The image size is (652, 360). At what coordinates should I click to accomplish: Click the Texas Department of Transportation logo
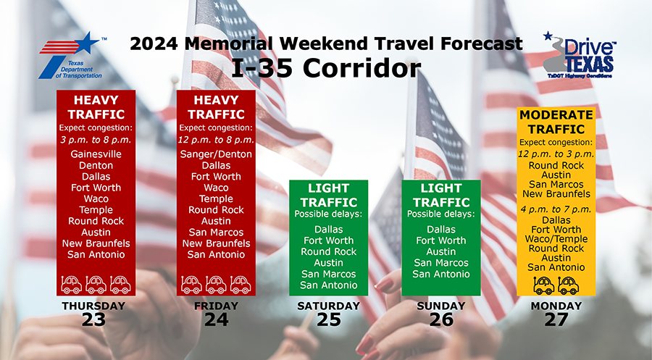(x=72, y=56)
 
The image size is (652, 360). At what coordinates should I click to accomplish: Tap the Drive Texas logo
(x=580, y=55)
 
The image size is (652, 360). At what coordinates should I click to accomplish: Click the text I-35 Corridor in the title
(x=325, y=68)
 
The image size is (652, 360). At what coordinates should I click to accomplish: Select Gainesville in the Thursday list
(x=96, y=154)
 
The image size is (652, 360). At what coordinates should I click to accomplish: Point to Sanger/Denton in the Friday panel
(x=216, y=154)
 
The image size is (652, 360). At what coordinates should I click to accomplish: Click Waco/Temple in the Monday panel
(x=556, y=239)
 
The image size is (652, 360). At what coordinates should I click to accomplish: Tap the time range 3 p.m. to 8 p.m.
(x=96, y=140)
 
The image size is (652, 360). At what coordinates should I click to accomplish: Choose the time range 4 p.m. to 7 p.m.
(x=556, y=209)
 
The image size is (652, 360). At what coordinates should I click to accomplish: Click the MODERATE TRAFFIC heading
(x=556, y=122)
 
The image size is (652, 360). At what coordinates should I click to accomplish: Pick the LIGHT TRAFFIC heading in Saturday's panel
(x=328, y=195)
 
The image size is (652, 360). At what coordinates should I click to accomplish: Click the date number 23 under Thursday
(x=93, y=319)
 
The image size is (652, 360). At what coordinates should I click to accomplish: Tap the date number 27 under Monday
(x=556, y=319)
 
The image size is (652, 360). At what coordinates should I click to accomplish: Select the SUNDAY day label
(x=441, y=306)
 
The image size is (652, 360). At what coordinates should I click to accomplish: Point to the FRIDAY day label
(x=216, y=306)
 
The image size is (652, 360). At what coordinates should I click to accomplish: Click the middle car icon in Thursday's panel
(x=96, y=285)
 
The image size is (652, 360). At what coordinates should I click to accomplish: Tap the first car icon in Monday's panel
(x=544, y=285)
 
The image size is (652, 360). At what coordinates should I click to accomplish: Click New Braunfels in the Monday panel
(x=556, y=193)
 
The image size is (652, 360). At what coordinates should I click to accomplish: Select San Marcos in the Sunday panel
(x=441, y=263)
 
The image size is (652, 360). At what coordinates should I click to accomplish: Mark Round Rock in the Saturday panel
(x=328, y=251)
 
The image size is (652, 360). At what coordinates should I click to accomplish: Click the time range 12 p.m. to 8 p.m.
(x=216, y=140)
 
